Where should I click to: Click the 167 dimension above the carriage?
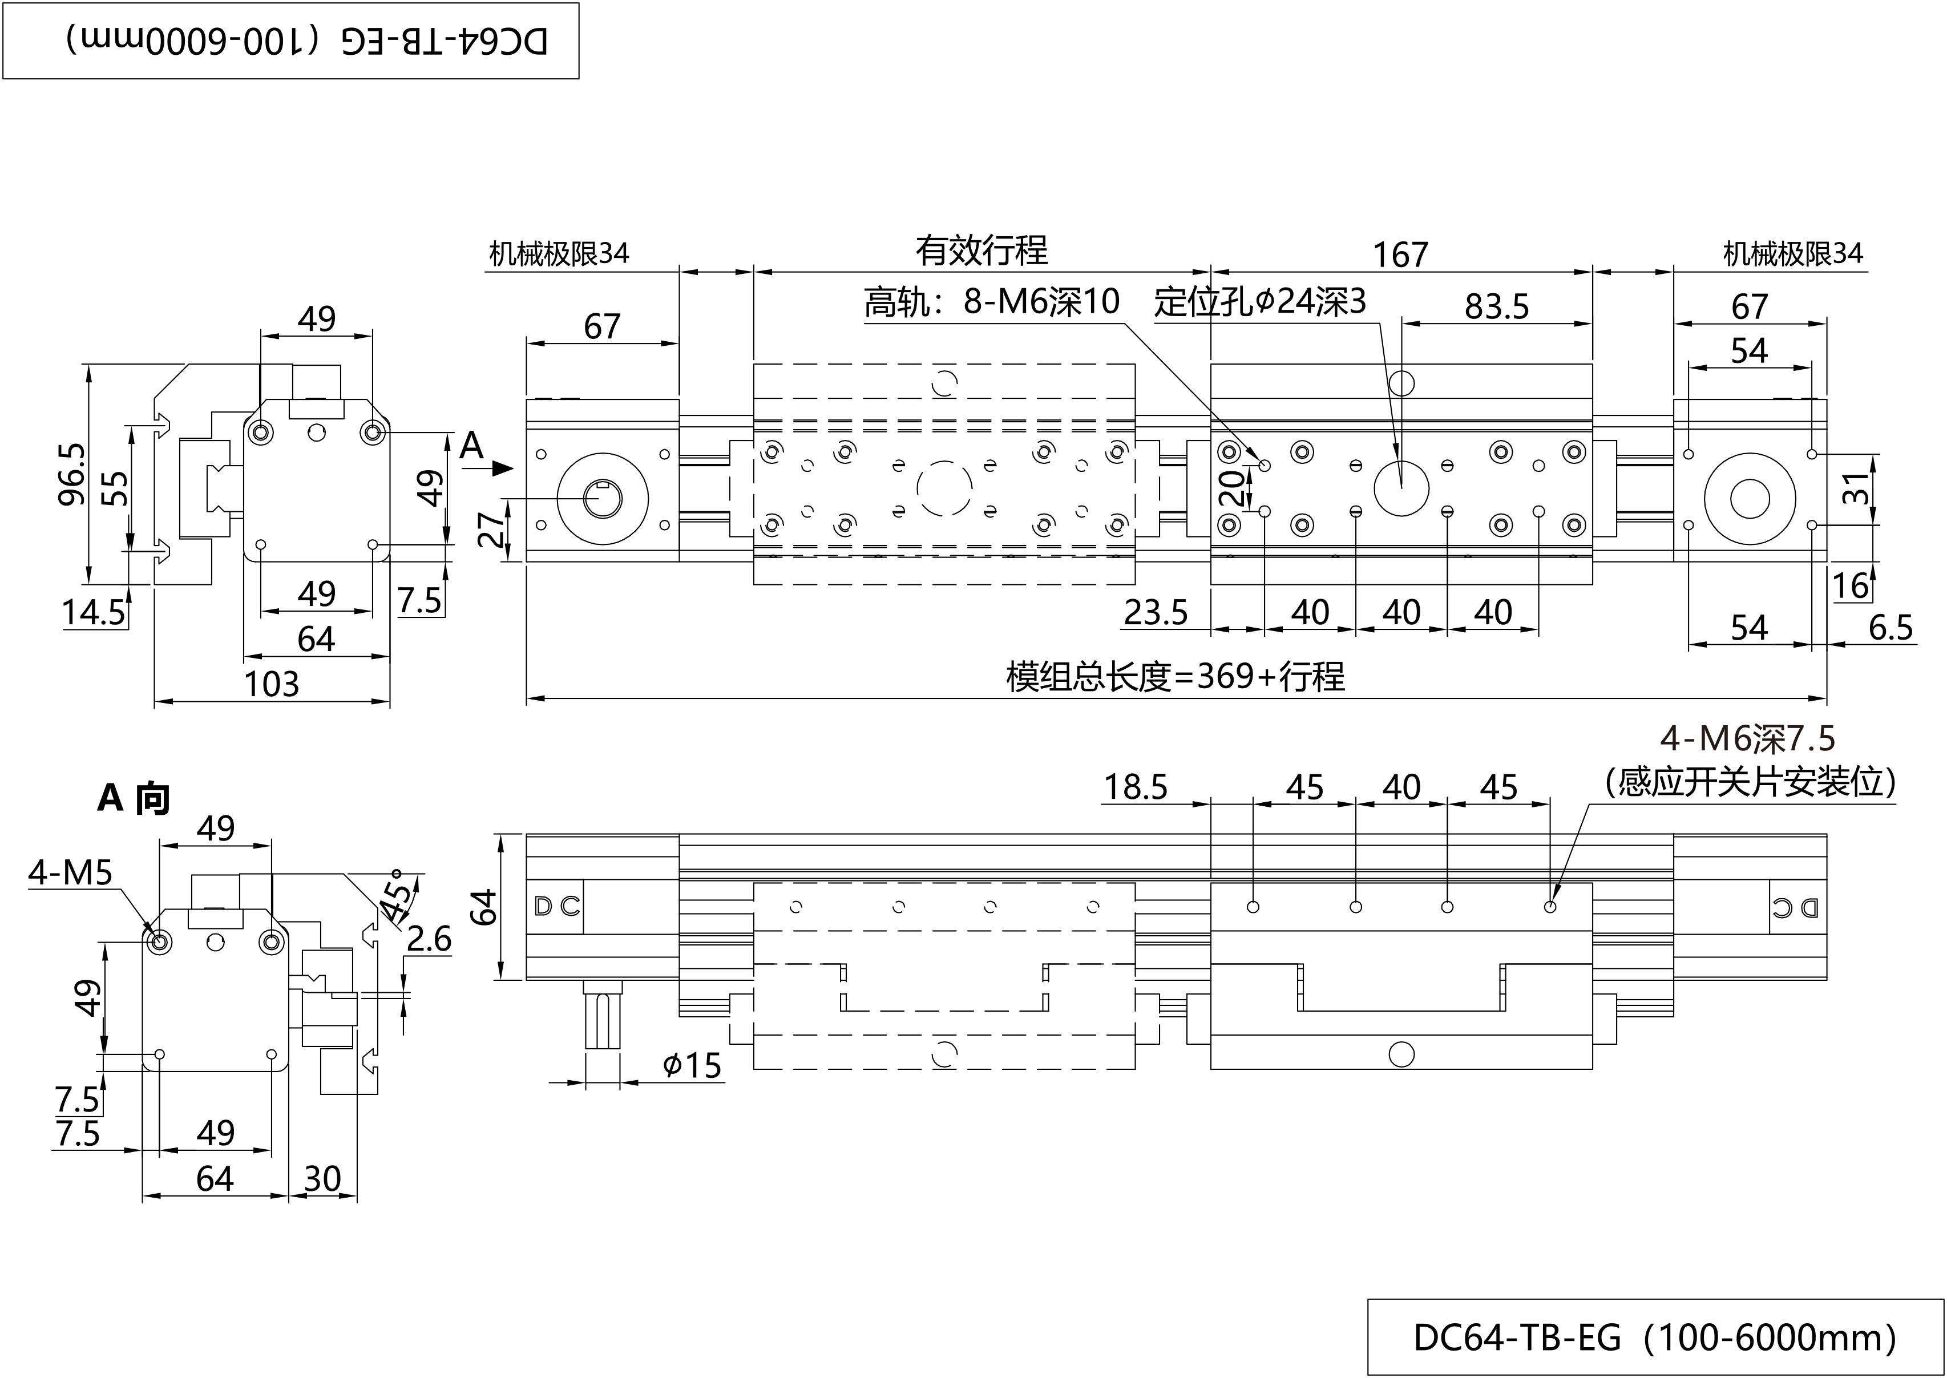[1400, 254]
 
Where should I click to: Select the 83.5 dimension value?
[1497, 306]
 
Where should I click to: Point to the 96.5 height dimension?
[72, 474]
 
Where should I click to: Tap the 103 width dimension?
[272, 684]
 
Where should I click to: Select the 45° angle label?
[399, 895]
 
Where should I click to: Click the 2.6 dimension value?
[429, 939]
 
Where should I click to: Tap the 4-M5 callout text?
[70, 872]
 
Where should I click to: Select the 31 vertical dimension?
[1856, 489]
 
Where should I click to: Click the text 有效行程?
[981, 250]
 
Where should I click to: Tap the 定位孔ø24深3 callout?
[1260, 301]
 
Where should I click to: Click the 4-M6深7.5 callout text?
[1748, 739]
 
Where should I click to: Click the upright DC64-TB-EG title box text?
[1654, 1338]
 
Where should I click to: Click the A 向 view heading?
[133, 798]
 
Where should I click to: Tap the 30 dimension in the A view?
[322, 1179]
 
